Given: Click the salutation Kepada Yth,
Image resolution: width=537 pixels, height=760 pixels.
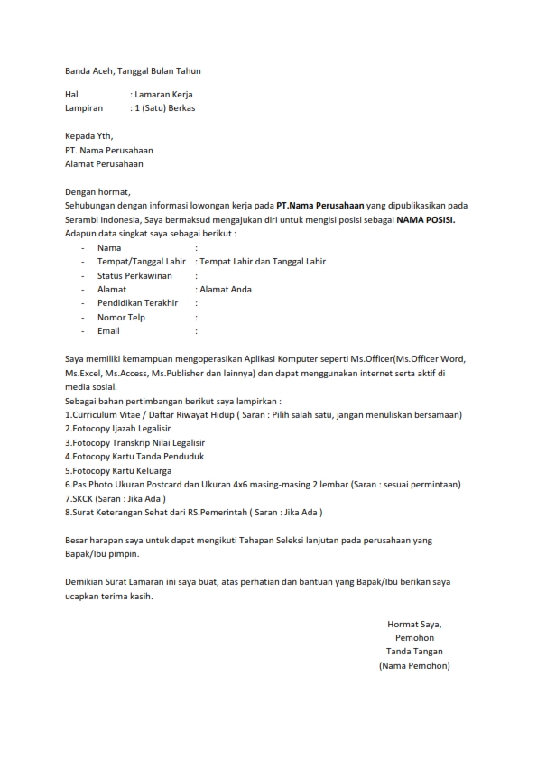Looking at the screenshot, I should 89,135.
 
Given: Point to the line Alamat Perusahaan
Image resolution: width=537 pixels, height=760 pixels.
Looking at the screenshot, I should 104,164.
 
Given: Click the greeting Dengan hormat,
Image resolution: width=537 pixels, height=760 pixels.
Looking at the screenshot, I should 97,191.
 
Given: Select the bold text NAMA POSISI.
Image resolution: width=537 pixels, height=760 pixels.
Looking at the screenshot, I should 424,219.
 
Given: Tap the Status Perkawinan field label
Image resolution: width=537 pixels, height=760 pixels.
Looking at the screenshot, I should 135,275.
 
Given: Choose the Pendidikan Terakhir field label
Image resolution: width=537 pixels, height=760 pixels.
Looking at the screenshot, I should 139,303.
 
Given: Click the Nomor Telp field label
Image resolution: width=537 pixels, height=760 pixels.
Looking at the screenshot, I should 122,318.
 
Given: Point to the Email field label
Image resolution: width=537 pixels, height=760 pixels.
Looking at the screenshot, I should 108,331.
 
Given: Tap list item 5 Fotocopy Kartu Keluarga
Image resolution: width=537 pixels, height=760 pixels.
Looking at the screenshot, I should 118,470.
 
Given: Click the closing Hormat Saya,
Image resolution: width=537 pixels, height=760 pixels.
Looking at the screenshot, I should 414,624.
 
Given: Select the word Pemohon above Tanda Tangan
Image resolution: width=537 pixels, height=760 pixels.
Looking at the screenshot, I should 414,637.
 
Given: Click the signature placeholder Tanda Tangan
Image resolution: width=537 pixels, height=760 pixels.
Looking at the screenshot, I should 414,652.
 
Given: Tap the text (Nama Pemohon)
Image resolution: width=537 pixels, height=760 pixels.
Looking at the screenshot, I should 414,665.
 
